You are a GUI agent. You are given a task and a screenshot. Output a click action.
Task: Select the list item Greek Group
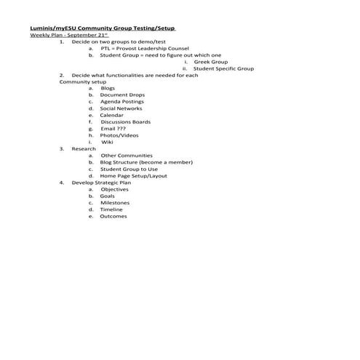210,62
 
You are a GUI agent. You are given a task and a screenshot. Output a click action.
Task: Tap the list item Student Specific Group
223,68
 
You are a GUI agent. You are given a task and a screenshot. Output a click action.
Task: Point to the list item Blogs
108,89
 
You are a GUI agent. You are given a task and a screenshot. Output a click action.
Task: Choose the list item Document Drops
122,95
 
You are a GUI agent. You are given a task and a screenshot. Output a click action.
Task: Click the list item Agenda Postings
123,102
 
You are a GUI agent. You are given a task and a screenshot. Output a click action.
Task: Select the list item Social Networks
121,108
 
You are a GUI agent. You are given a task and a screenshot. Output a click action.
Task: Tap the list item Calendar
112,115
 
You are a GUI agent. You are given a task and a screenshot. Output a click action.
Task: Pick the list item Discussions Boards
126,121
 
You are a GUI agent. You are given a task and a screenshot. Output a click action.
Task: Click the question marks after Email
121,129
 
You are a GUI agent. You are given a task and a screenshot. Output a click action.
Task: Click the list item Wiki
107,142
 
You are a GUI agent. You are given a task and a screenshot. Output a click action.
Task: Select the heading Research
84,148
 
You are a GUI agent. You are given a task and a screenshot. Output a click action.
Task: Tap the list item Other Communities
127,156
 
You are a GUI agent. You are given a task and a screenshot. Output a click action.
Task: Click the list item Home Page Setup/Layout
133,176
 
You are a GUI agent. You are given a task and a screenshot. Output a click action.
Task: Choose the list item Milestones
115,203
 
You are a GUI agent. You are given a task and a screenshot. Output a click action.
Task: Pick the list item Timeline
111,209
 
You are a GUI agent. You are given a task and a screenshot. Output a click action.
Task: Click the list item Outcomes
113,216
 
